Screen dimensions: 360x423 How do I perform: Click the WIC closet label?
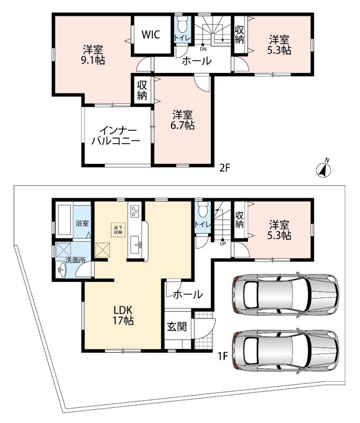pos(151,34)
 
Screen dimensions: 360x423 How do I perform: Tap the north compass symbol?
pos(324,169)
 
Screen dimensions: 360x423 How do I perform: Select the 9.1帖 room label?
pos(93,55)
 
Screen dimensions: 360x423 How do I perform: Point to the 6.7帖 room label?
pos(182,120)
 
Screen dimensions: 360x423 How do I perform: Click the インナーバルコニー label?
pos(116,136)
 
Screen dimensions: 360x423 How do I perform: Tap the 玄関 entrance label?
pos(177,327)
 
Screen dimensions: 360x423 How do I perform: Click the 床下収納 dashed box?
pos(118,229)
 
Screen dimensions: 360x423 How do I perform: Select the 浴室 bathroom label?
pos(82,223)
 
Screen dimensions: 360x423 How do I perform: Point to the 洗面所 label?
pos(76,260)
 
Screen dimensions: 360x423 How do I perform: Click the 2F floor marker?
pos(224,168)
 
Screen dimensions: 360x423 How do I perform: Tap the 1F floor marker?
pos(223,356)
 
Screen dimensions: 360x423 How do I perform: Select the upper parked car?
pos(285,293)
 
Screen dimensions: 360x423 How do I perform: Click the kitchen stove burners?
pos(134,211)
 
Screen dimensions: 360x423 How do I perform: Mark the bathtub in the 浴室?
pos(64,220)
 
